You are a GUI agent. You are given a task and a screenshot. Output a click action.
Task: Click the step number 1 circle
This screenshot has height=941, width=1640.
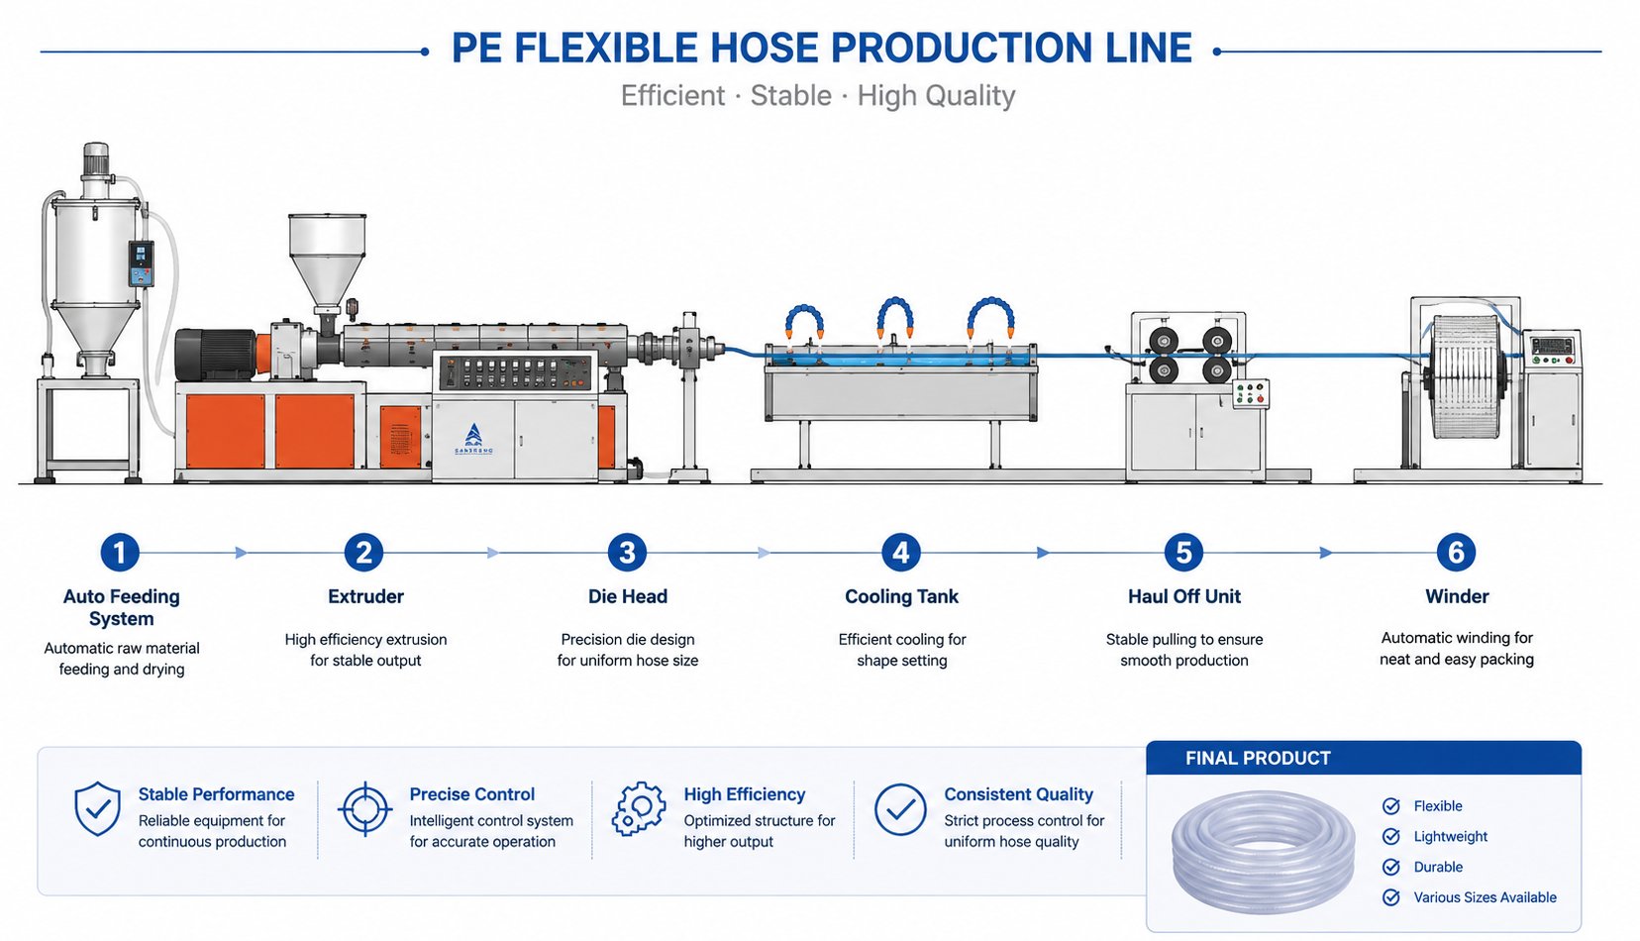[x=120, y=552]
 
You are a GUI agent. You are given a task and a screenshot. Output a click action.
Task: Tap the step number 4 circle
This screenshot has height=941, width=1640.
[x=900, y=552]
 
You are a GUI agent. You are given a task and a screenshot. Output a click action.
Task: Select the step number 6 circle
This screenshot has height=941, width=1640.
[x=1456, y=552]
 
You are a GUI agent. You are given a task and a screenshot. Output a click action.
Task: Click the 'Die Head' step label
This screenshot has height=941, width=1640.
[x=628, y=596]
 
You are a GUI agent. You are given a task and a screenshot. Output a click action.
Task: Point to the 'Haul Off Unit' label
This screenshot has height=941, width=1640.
[x=1183, y=596]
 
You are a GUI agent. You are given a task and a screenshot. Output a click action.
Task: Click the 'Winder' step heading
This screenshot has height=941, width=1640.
[x=1456, y=596]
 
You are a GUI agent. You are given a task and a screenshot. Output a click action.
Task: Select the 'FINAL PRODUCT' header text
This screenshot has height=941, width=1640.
[x=1258, y=758]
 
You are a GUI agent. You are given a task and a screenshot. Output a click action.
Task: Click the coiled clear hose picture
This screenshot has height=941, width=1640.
[x=1263, y=852]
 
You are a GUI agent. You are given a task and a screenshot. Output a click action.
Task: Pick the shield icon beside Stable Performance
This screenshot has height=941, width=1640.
[x=97, y=808]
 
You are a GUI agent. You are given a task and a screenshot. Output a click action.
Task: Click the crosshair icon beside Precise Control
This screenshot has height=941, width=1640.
[x=365, y=809]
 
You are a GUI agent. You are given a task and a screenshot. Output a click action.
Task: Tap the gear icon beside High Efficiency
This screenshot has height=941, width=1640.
[x=639, y=809]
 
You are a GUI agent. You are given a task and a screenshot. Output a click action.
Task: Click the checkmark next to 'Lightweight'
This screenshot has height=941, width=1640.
[x=1390, y=836]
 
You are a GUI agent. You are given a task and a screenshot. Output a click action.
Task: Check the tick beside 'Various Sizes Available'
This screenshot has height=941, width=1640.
[x=1390, y=897]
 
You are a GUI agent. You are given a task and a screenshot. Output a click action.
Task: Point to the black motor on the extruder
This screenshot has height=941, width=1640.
[x=216, y=354]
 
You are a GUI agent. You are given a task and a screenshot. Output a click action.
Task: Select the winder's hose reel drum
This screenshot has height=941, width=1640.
[x=1465, y=376]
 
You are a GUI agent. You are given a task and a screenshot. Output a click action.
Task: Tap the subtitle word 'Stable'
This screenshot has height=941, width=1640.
[x=790, y=95]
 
